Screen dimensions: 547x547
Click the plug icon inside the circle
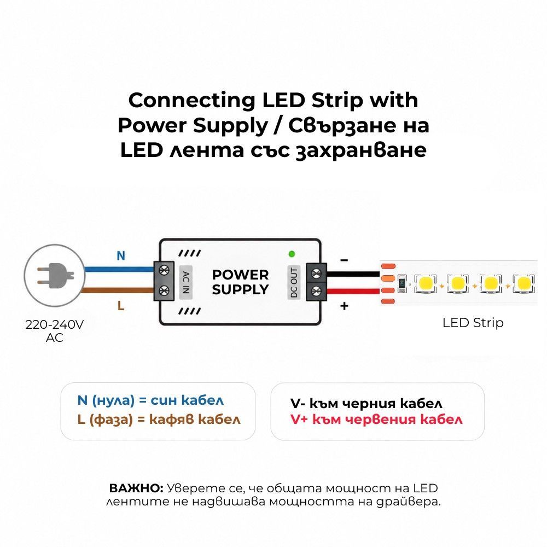pos(55,276)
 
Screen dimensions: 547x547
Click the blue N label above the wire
pos(121,255)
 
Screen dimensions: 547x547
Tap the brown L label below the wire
pos(121,306)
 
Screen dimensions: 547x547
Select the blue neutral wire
pos(119,269)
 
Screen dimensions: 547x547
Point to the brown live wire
pos(118,290)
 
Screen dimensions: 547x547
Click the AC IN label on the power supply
pos(186,282)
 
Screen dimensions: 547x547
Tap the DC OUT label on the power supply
pos(294,283)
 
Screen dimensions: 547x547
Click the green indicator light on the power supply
pos(292,254)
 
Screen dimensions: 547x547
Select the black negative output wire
pos(353,274)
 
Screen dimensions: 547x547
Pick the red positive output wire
pos(353,292)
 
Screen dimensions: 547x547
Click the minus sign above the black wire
pos(344,260)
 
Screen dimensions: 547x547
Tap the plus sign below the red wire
pos(344,306)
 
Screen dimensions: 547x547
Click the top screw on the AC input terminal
pos(164,270)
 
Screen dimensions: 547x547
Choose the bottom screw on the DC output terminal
pos(316,290)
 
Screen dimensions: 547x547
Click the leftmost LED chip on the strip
pos(425,283)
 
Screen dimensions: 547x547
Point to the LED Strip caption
pos(473,323)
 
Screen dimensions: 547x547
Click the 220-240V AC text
pos(54,331)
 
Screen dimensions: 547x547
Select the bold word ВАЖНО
pos(136,488)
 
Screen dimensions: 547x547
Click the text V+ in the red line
pos(299,420)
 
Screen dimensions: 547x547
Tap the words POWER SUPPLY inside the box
pos(240,282)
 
